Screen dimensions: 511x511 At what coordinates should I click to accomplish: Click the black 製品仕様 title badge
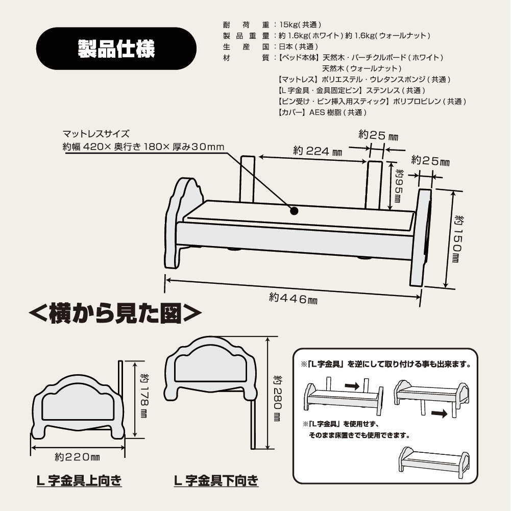pos(116,48)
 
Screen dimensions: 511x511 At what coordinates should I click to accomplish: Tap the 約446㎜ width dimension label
pos(293,298)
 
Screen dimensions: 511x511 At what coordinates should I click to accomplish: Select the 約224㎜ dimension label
pos(318,151)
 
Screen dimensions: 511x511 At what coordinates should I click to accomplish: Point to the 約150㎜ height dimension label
pos(459,238)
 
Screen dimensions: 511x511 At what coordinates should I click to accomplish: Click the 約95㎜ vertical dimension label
pos(398,185)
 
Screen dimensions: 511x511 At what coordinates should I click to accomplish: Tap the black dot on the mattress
pos(294,211)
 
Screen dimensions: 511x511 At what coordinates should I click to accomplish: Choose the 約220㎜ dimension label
pos(77,457)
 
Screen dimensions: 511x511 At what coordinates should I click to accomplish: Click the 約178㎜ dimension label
pos(144,396)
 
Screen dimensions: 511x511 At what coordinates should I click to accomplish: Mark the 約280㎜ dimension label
pos(278,398)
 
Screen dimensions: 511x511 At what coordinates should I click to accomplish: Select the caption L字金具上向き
pos(79,480)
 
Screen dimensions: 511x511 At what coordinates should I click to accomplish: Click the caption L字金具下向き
pos(216,480)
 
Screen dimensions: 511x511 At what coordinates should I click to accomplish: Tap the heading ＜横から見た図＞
pos(115,313)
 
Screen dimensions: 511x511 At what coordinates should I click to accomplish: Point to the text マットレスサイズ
pos(96,134)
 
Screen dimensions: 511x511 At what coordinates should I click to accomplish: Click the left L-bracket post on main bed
pos(248,179)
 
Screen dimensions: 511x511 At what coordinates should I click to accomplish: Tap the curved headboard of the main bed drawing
pos(184,223)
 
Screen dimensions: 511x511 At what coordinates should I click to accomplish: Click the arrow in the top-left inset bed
pos(352,386)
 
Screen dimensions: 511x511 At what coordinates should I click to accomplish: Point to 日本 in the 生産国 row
pos(286,46)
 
